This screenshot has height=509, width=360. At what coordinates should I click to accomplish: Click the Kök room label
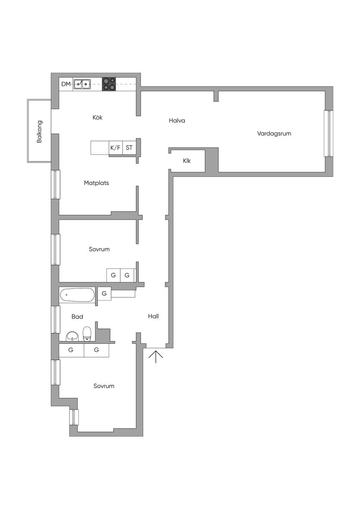97,117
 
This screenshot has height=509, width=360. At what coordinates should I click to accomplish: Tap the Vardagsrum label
274,133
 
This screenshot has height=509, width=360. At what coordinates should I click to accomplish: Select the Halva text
177,121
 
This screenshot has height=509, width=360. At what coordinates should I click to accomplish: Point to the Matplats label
96,183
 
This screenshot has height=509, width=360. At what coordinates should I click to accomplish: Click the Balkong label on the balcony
39,131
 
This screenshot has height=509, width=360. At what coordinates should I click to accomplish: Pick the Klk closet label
187,161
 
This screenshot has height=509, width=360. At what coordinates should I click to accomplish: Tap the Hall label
153,316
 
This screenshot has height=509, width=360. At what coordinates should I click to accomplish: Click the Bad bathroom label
77,316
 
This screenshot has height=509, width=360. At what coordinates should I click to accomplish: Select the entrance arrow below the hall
156,357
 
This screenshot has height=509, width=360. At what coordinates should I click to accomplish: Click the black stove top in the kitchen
109,84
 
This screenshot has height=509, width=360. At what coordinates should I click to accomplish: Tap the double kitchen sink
82,84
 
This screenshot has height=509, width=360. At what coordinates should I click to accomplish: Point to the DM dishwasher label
66,84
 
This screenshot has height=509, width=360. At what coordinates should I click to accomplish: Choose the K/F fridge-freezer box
116,148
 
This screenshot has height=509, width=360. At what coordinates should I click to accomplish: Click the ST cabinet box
129,148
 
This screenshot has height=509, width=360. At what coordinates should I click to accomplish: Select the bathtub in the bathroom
77,295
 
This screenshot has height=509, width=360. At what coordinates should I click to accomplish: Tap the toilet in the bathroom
86,334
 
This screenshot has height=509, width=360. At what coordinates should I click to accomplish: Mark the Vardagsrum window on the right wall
328,134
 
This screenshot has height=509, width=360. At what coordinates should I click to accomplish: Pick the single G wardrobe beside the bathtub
104,294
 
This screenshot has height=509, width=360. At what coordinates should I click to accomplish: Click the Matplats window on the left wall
56,185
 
